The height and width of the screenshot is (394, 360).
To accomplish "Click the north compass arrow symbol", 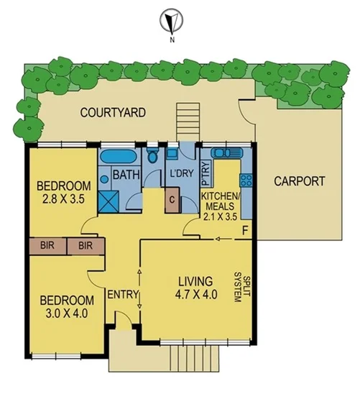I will pos(171,20).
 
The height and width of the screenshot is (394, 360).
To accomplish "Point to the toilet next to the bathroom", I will pos(152,156).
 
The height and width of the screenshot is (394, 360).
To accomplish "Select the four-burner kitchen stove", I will pos(246,179).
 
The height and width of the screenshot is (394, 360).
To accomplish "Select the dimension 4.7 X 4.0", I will pos(195,293).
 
